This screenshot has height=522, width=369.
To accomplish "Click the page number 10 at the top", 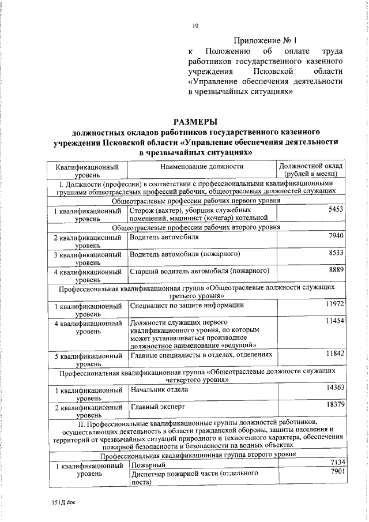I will coord(195,25).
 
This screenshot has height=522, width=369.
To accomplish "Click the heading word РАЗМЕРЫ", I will coord(195,122).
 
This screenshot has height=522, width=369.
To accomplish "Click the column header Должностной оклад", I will coord(311,166).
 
